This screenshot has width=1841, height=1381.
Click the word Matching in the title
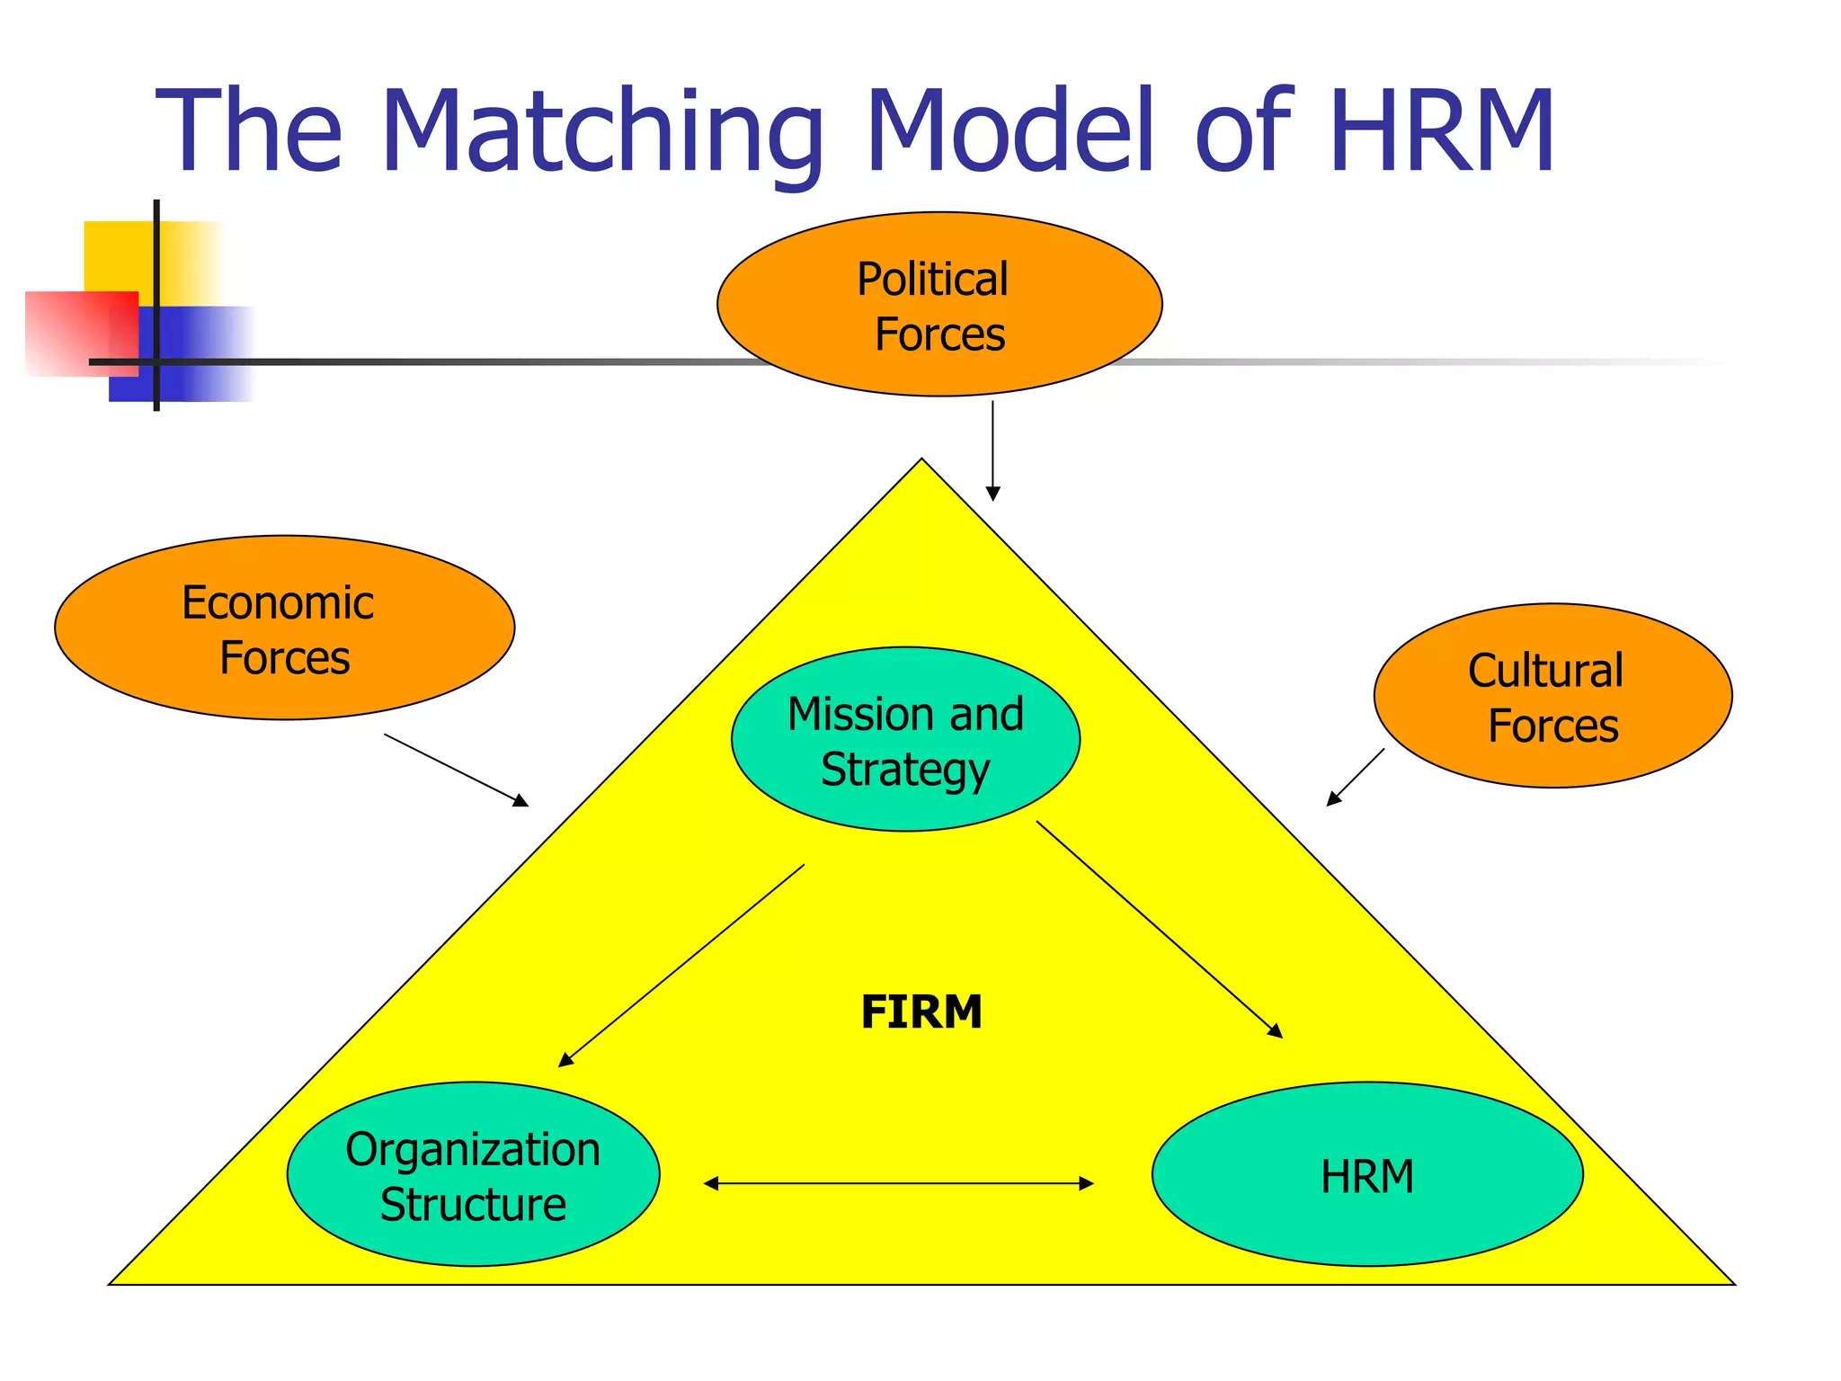click(602, 133)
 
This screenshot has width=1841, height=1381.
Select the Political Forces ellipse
click(939, 304)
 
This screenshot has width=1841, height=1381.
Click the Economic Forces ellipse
click(284, 628)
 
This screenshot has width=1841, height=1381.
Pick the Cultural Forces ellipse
click(1552, 696)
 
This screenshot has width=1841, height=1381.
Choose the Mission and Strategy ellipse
click(905, 739)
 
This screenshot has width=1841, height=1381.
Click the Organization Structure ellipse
click(473, 1174)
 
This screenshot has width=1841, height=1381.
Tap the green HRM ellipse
click(1366, 1174)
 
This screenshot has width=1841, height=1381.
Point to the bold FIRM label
click(921, 1011)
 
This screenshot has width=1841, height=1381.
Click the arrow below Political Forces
click(992, 450)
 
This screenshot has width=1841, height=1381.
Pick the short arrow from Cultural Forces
click(1356, 777)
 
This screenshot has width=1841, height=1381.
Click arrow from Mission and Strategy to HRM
click(1159, 929)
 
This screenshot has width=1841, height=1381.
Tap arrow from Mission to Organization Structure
click(681, 966)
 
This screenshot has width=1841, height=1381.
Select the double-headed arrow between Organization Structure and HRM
click(899, 1183)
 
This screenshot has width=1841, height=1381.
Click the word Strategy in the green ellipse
click(904, 770)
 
